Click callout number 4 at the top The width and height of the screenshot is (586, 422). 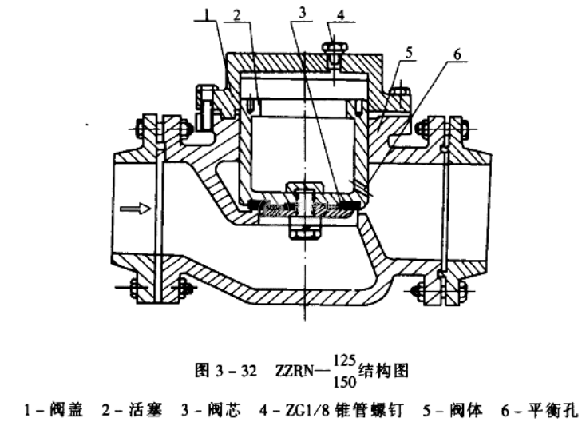pos(341,14)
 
